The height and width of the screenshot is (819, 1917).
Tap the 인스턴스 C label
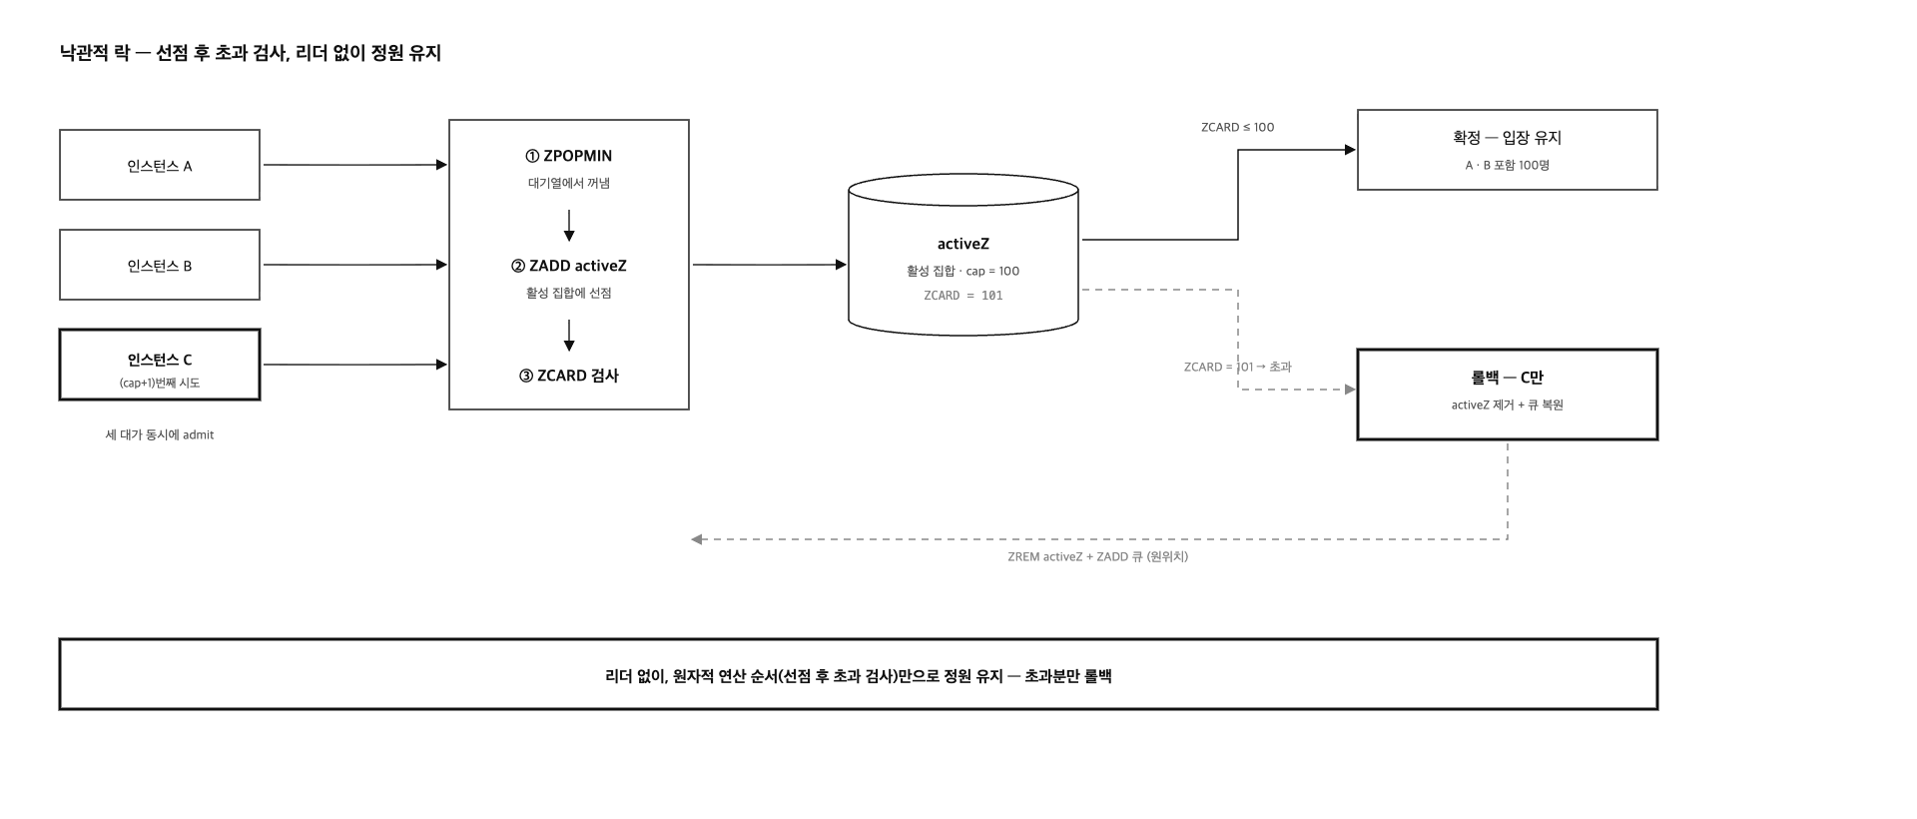[160, 360]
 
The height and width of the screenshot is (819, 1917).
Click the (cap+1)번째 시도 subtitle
[160, 384]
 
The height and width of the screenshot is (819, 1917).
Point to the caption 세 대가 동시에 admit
[160, 434]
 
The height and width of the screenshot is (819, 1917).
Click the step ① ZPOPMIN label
[569, 156]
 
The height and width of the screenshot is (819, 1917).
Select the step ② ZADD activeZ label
[569, 266]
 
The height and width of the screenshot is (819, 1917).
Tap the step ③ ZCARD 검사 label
[569, 376]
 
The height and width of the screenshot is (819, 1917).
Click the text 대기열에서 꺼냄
[569, 184]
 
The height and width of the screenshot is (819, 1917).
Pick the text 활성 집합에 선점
[569, 294]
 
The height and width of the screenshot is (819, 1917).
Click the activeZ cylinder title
[963, 244]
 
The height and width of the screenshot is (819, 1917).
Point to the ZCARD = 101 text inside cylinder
[963, 296]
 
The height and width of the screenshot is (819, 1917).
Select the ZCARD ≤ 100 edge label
[1238, 128]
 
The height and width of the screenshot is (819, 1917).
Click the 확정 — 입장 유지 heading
[1508, 138]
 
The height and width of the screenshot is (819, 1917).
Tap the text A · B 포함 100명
[1508, 166]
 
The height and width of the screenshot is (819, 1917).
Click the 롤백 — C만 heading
[1508, 378]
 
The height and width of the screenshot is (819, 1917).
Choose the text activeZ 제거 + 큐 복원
[1508, 406]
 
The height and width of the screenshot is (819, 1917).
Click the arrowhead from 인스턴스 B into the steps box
[442, 265]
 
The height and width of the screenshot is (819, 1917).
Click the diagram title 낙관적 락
[95, 53]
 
